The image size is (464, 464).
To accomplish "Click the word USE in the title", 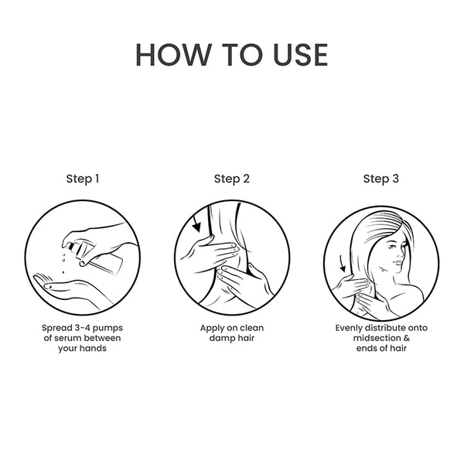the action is tap(300, 55).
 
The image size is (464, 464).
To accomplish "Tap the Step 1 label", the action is tap(83, 179).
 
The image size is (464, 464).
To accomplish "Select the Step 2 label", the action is tap(232, 179).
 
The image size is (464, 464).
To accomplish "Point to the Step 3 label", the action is tap(381, 179).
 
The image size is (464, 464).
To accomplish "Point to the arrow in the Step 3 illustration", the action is tap(342, 264).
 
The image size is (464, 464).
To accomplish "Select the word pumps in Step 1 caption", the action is tap(107, 329).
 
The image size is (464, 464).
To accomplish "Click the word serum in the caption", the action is tap(67, 338).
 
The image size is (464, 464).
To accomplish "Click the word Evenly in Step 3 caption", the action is tap(349, 329).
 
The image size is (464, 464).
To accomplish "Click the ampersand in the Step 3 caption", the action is tap(407, 338).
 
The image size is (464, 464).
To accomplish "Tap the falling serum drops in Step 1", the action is tap(63, 263).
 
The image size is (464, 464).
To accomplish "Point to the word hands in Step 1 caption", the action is tap(93, 348).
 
